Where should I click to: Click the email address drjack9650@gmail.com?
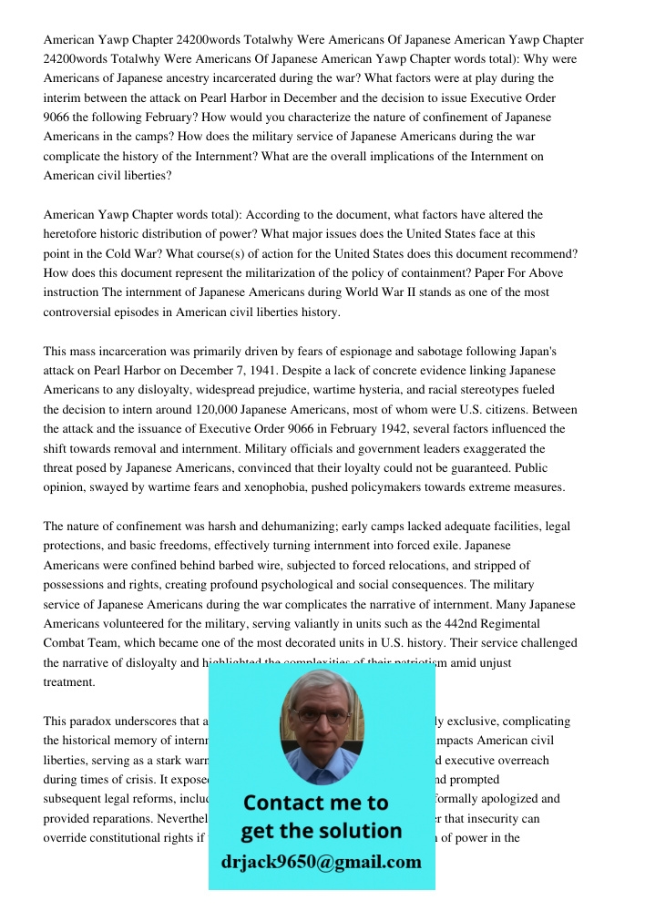321,862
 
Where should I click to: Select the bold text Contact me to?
315,803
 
